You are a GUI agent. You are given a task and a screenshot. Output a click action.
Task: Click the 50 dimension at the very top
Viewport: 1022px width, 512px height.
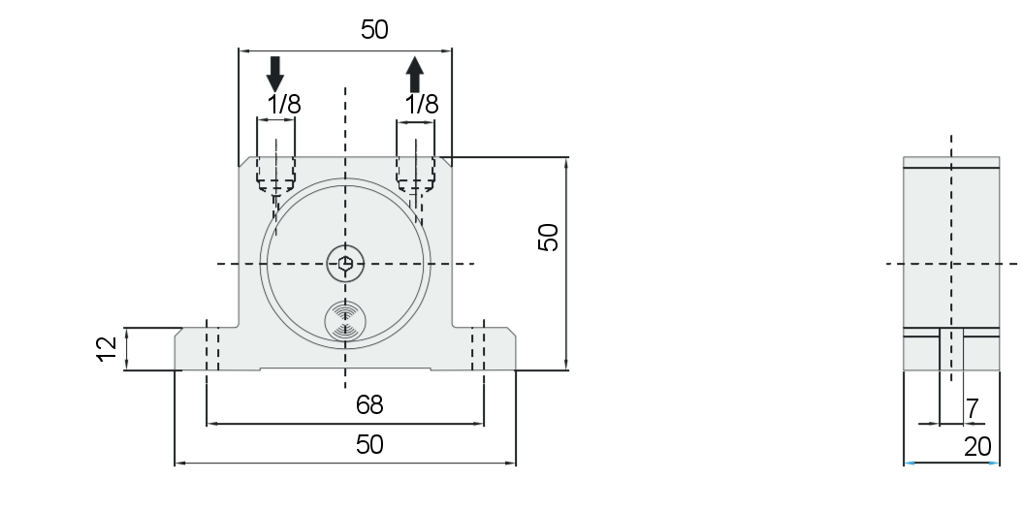(x=374, y=30)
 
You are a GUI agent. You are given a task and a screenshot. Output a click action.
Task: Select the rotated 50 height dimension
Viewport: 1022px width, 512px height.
(x=549, y=238)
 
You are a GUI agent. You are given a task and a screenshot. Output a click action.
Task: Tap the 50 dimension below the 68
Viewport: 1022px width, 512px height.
(x=369, y=445)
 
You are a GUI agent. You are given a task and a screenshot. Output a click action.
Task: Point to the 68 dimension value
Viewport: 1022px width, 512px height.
(x=369, y=405)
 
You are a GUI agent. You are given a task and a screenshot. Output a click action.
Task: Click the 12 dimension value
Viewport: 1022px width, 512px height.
(x=107, y=349)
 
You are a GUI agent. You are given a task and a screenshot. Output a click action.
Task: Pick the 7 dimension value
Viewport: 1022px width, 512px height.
(x=973, y=409)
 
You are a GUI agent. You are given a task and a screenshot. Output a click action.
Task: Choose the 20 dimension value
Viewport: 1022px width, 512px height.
(x=977, y=447)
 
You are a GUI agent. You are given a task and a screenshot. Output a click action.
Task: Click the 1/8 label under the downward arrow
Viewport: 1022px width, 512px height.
(x=284, y=105)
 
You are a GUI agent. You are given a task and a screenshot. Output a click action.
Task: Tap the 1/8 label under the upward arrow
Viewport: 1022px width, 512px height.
(x=422, y=105)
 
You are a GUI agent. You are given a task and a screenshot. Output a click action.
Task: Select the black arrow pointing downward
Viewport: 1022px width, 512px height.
(x=275, y=74)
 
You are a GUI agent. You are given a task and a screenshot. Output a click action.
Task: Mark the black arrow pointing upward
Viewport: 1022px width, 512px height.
(x=415, y=75)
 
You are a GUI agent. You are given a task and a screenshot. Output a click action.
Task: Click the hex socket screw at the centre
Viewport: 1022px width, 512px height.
(x=345, y=264)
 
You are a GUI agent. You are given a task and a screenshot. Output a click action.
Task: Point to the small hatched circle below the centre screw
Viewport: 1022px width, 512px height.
(x=345, y=321)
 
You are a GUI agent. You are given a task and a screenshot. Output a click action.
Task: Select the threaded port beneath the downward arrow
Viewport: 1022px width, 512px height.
(x=275, y=175)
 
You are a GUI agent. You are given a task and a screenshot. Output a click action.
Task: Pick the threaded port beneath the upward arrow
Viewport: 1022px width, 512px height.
(x=416, y=175)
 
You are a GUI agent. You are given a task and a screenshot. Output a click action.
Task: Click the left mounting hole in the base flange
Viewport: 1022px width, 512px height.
(x=212, y=348)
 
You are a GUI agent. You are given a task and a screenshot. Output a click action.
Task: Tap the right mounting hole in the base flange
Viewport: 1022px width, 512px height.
(x=478, y=348)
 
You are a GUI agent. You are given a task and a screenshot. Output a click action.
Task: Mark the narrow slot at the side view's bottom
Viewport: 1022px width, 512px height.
(x=951, y=349)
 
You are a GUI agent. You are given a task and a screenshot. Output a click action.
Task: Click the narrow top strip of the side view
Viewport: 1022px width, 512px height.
(x=951, y=162)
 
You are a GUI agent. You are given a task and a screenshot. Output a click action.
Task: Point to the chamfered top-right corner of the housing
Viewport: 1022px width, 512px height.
(x=445, y=162)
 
